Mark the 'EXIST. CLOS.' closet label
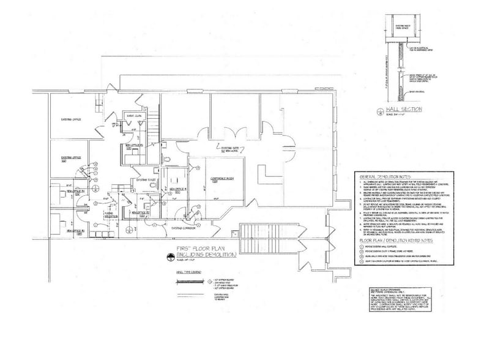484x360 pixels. pos(134,116)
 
